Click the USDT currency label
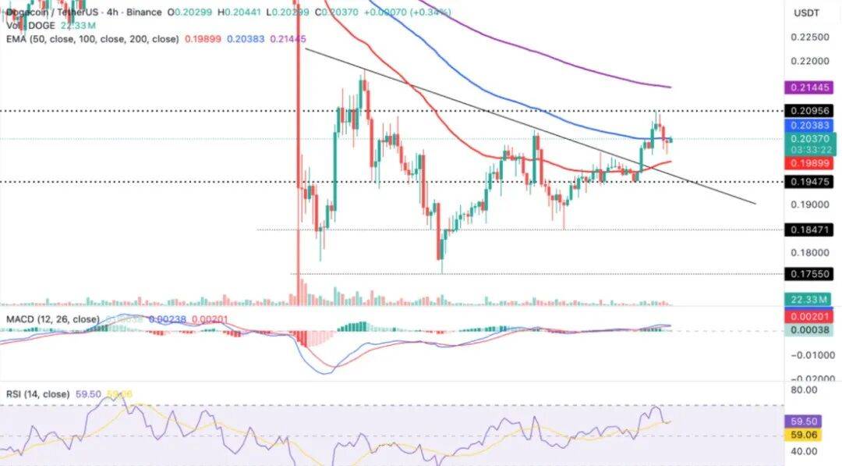click(x=805, y=13)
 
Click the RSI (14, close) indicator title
click(x=38, y=394)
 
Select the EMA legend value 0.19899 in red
click(x=203, y=39)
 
